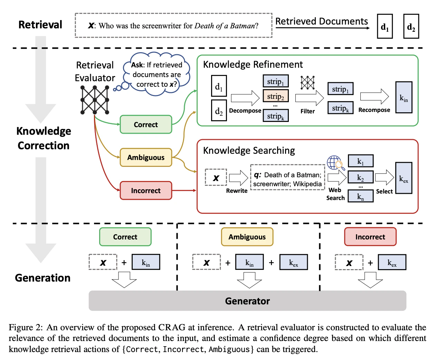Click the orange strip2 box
275,96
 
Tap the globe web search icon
335,163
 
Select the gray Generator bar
247,301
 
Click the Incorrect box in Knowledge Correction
146,190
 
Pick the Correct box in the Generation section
125,237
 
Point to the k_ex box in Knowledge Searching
404,178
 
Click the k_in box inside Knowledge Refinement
404,97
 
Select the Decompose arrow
245,98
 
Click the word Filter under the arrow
307,111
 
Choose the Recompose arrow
375,96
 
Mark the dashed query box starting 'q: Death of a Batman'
287,177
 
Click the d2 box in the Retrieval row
411,26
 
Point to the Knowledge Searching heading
249,150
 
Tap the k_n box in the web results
360,196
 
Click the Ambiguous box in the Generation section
247,237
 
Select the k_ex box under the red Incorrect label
392,262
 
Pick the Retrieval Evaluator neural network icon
95,100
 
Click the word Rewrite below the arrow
237,191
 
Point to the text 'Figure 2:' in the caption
26,327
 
